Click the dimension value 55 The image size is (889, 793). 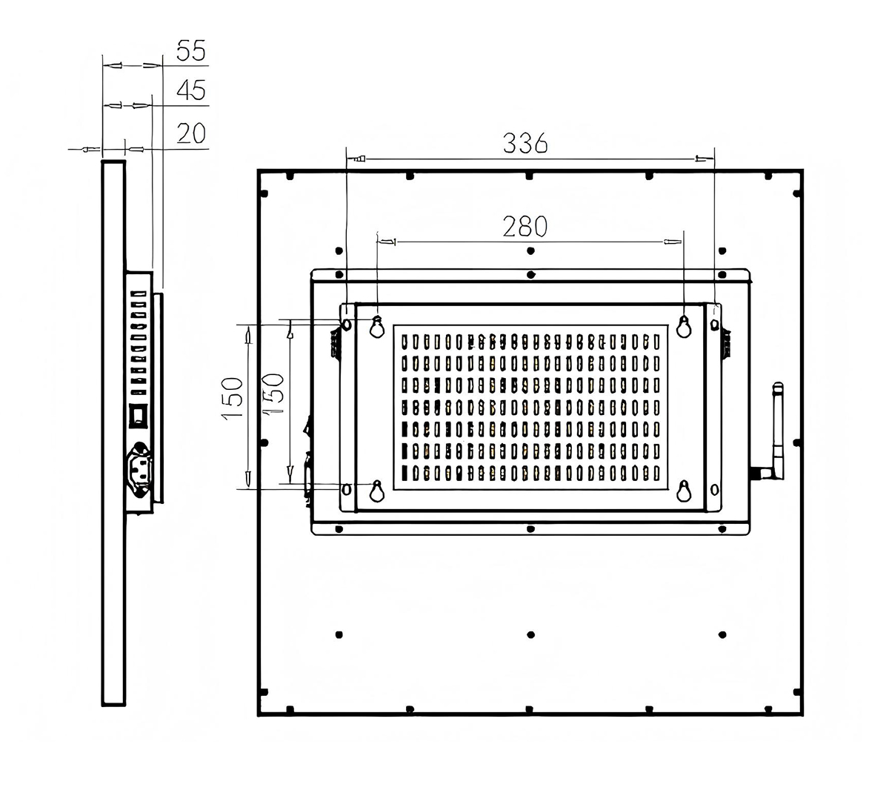click(x=190, y=50)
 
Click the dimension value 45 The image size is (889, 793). click(x=191, y=90)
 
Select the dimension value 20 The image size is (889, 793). click(x=191, y=133)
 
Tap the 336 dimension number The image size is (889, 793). click(x=525, y=143)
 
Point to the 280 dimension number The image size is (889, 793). click(x=525, y=226)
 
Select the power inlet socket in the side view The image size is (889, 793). click(x=139, y=470)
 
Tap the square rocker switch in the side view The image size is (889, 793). click(x=138, y=417)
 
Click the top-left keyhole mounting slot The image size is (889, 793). click(x=377, y=327)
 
